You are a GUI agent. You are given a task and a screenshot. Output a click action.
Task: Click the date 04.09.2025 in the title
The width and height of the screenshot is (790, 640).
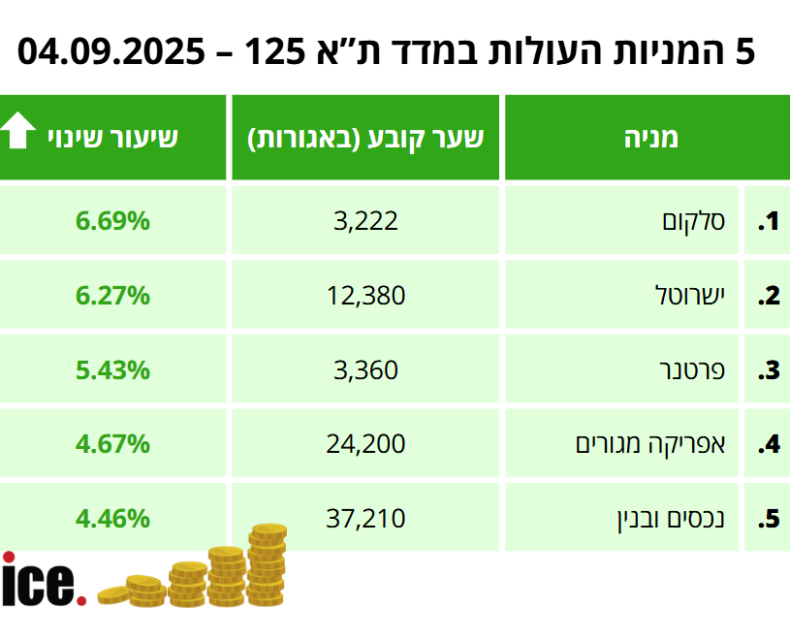click(x=112, y=50)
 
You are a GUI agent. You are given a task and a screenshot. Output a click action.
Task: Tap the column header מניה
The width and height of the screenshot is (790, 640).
click(x=650, y=138)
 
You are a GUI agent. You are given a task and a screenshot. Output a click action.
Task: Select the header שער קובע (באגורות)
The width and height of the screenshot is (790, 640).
click(x=366, y=138)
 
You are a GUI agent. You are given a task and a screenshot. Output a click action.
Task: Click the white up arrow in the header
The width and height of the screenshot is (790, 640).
click(x=18, y=131)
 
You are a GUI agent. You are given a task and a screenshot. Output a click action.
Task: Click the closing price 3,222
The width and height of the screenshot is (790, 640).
click(x=365, y=221)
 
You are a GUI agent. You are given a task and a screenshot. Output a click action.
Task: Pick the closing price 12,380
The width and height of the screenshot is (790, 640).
click(x=365, y=295)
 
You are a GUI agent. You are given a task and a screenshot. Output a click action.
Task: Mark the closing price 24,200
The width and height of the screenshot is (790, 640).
click(x=365, y=444)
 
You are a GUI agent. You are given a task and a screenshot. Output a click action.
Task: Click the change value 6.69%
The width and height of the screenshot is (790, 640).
click(x=112, y=221)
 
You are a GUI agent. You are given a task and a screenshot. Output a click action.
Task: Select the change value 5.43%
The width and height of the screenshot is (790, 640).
click(x=112, y=369)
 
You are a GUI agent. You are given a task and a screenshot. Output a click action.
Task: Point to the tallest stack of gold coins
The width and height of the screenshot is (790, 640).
click(x=267, y=566)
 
